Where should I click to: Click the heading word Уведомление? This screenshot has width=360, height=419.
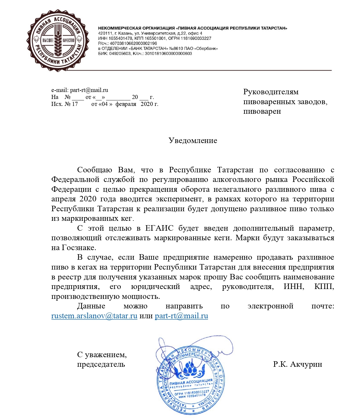pos(193,140)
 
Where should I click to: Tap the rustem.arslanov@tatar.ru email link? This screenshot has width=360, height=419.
pos(94,316)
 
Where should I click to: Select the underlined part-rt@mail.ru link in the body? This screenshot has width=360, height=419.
pos(181,316)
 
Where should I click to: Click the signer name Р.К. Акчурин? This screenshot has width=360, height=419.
pos(297,364)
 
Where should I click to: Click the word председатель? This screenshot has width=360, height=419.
pos(101,364)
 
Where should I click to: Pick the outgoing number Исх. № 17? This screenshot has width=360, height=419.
pos(65,104)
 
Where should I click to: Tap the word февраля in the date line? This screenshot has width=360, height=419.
pos(126,104)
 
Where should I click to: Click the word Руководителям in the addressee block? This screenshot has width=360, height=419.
pos(271,92)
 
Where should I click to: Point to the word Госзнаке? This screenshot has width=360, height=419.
pos(79,248)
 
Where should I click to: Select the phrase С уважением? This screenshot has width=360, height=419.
pos(102,355)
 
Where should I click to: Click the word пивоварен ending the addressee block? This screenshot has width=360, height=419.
pos(262,111)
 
